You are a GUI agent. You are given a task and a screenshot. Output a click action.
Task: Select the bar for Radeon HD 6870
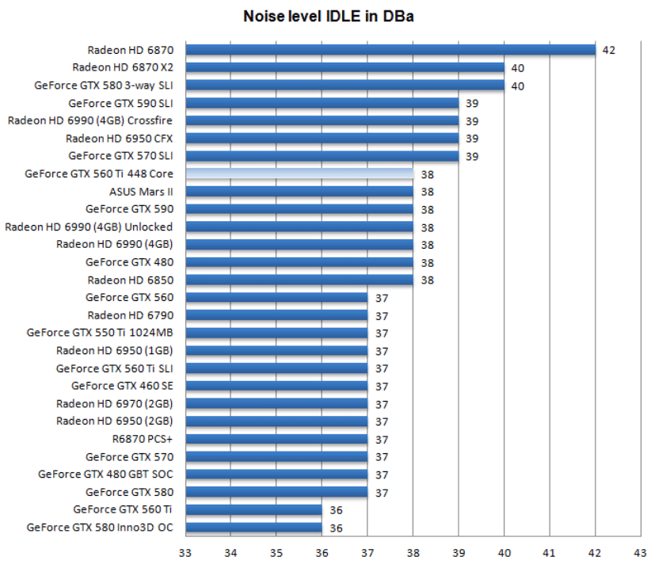pyautogui.click(x=390, y=50)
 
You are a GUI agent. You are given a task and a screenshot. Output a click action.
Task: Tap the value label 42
pyautogui.click(x=608, y=50)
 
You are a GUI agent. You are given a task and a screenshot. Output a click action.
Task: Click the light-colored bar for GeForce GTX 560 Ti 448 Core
pyautogui.click(x=299, y=173)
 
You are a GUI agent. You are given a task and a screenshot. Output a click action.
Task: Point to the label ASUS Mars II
pyautogui.click(x=141, y=192)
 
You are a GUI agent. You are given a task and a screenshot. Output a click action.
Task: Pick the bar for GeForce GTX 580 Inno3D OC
pyautogui.click(x=253, y=528)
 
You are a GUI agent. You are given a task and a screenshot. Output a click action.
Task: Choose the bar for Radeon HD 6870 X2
pyautogui.click(x=345, y=67)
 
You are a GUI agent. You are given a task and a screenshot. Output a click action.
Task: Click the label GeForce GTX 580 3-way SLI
pyautogui.click(x=104, y=86)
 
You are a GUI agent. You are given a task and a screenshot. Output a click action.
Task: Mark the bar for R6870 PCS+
pyautogui.click(x=276, y=439)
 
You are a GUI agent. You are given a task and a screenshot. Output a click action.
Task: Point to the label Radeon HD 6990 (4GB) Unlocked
pyautogui.click(x=89, y=227)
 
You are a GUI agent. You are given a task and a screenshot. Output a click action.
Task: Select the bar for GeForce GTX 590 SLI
pyautogui.click(x=322, y=103)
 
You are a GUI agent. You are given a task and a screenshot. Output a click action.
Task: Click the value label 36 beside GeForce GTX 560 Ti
pyautogui.click(x=336, y=510)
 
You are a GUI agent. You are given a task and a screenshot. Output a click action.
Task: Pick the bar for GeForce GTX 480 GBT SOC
pyautogui.click(x=276, y=475)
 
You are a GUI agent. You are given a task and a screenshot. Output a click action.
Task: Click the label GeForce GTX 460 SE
pyautogui.click(x=122, y=386)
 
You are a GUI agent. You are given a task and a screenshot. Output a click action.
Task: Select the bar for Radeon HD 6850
pyautogui.click(x=299, y=280)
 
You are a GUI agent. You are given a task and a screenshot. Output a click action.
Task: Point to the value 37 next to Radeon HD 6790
pyautogui.click(x=381, y=315)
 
